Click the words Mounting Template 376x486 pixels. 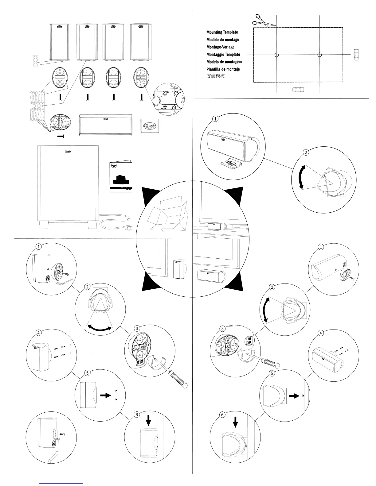coord(222,32)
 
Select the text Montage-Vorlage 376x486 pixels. coord(220,47)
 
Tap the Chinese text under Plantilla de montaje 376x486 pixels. coord(216,76)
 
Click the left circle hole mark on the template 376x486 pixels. coord(276,55)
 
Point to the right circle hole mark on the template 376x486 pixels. coord(319,55)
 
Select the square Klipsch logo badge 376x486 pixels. coord(150,126)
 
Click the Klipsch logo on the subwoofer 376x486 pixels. coord(68,151)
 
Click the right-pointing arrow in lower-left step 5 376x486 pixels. coord(106,395)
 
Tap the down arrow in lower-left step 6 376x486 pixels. coord(149,420)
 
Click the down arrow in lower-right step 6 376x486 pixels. coord(235,423)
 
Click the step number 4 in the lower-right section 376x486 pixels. coord(321,333)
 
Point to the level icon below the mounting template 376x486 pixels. coord(297,90)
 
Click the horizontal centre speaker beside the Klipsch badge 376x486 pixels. coord(105,125)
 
